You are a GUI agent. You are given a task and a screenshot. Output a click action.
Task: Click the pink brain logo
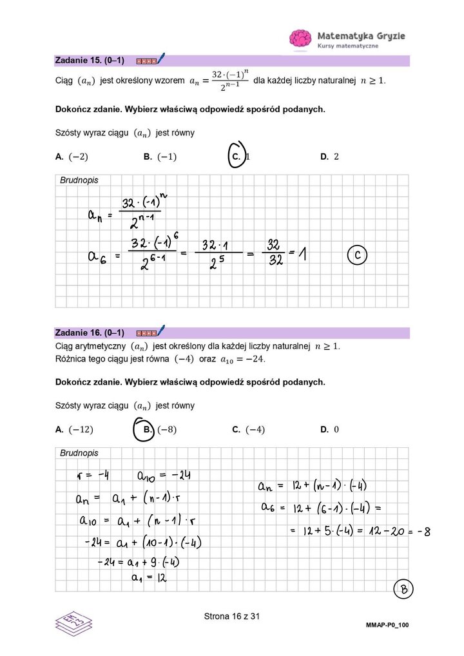(300, 38)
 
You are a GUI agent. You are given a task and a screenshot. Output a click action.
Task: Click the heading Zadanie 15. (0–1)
(90, 61)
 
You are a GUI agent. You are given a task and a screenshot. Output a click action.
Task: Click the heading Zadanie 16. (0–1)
(90, 333)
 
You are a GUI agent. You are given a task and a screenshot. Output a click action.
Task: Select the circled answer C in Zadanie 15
(238, 156)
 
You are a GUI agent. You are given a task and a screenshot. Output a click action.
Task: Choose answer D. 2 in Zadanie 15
(329, 157)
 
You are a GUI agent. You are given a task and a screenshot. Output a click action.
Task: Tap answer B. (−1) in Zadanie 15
(160, 157)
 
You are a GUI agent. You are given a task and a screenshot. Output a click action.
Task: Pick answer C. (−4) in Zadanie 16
(248, 430)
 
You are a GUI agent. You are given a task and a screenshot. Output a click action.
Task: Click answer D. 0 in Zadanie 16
(329, 430)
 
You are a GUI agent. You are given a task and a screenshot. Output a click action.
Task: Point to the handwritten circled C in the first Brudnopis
(358, 256)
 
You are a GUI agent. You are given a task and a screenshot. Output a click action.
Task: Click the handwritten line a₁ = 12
(146, 578)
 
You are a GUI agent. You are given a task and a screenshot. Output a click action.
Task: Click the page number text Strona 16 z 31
(231, 617)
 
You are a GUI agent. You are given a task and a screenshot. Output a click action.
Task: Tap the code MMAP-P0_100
(387, 626)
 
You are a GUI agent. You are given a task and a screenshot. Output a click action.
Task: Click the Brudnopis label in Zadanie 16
(79, 453)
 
